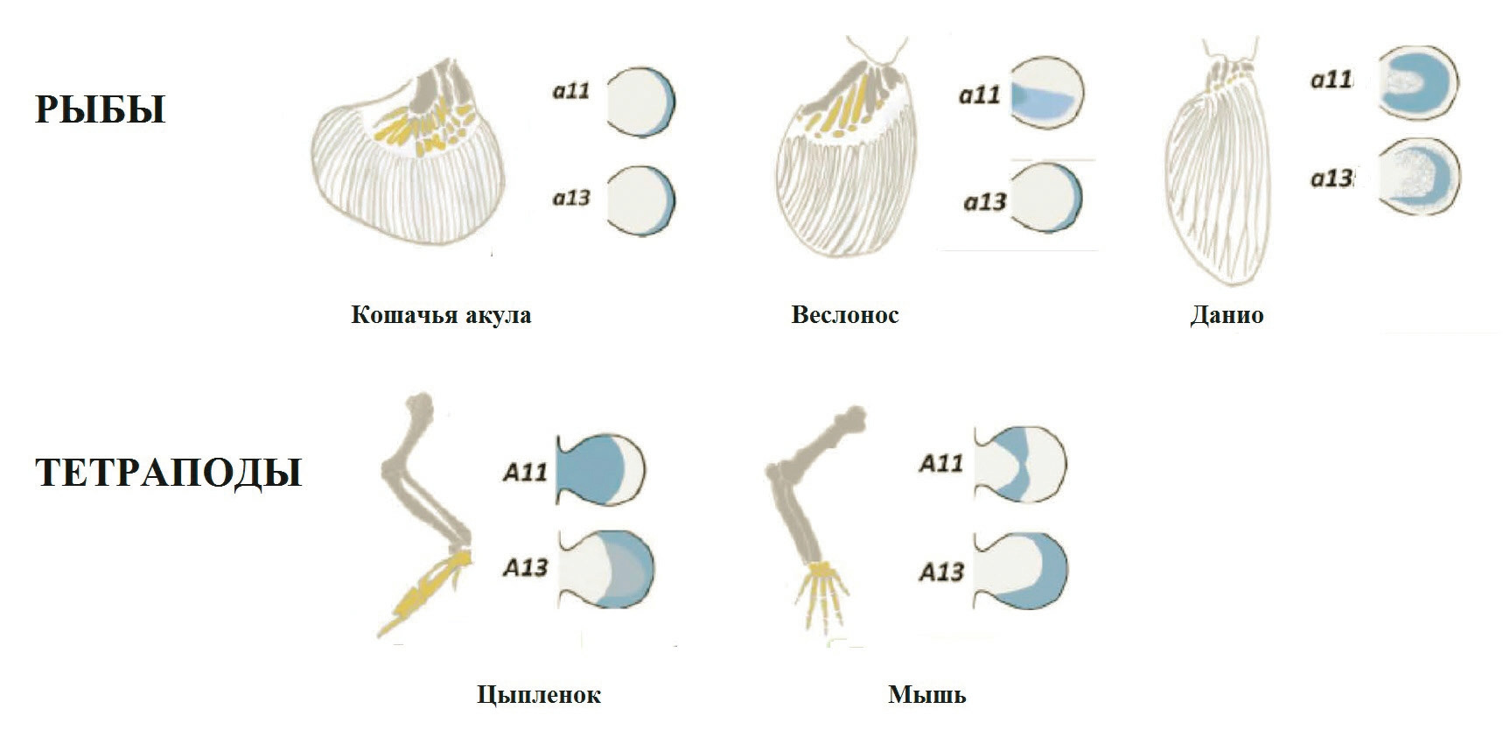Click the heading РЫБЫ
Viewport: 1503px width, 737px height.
(100, 110)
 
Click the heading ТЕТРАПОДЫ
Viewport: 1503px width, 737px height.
(168, 473)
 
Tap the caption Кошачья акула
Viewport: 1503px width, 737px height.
(441, 315)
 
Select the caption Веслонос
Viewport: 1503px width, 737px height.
(845, 315)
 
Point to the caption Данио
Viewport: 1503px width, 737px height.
(1227, 315)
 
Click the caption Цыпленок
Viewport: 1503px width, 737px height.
(539, 695)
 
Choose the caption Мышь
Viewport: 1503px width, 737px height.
(927, 695)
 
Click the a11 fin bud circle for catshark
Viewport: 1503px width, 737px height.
(641, 102)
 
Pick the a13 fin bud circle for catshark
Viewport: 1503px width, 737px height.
(641, 201)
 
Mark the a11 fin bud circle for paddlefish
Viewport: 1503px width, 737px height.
(1047, 93)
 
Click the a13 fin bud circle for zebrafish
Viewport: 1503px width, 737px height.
(1419, 178)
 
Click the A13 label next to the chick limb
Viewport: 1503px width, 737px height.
(525, 568)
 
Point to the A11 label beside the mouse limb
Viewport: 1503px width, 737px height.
(940, 463)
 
